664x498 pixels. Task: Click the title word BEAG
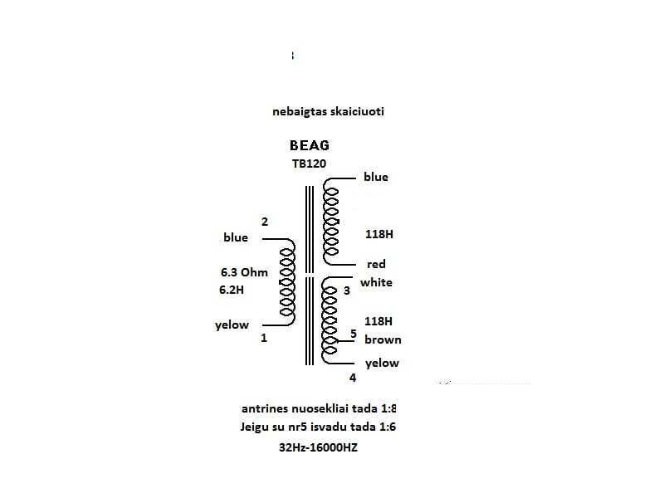(309, 145)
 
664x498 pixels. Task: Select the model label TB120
(309, 164)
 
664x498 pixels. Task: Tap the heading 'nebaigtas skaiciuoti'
(328, 110)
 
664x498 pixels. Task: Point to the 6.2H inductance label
(233, 290)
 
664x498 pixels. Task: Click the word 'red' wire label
(376, 264)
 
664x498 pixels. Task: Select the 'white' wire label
(376, 282)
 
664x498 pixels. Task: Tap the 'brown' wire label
(382, 339)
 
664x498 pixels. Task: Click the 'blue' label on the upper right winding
(375, 177)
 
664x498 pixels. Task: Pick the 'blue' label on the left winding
(236, 237)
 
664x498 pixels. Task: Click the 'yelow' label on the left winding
(232, 325)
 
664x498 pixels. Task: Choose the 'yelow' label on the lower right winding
(382, 363)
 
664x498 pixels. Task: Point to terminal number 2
(265, 222)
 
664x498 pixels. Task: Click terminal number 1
(264, 338)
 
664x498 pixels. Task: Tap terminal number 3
(347, 290)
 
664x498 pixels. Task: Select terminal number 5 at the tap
(353, 334)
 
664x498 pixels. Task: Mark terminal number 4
(353, 378)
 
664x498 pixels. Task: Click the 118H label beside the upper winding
(378, 235)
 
